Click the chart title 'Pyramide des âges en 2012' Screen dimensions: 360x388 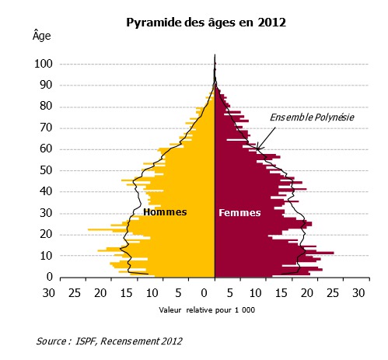[x=206, y=23]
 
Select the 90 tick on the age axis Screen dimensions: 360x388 [x=44, y=85]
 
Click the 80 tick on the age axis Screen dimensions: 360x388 [x=44, y=106]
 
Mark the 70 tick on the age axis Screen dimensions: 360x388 [x=44, y=127]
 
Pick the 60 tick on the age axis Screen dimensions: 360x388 [x=44, y=149]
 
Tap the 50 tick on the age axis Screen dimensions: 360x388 [x=44, y=170]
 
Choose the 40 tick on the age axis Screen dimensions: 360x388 [x=44, y=190]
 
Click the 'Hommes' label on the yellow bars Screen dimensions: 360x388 [x=165, y=211]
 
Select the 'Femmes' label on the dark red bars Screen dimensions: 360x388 [x=239, y=212]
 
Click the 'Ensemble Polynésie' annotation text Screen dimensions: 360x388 [x=312, y=117]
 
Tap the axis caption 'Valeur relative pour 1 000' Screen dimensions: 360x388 [x=206, y=310]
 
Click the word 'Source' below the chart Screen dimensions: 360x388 [x=52, y=341]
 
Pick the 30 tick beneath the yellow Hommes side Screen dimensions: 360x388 [x=48, y=293]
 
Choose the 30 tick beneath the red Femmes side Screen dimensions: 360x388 [x=358, y=293]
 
